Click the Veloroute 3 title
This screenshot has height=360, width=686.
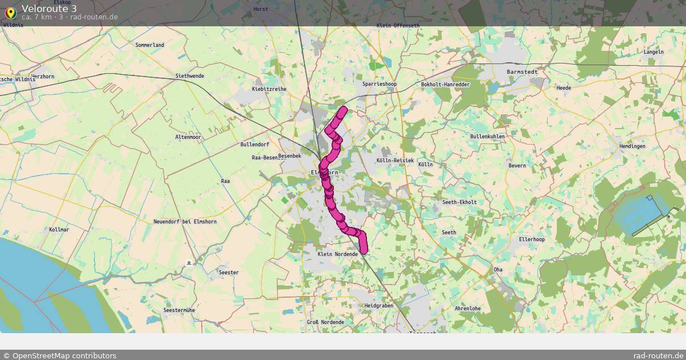click(x=49, y=8)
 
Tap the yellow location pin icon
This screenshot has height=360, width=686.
click(x=10, y=12)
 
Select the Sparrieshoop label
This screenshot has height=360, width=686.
click(x=380, y=84)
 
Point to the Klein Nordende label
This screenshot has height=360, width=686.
click(x=337, y=254)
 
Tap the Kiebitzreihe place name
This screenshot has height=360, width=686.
click(x=269, y=89)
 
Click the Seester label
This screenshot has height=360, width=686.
click(x=229, y=273)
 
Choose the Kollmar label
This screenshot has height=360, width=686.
click(x=59, y=229)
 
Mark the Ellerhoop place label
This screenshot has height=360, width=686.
click(x=532, y=239)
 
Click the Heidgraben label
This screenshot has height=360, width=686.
click(x=378, y=306)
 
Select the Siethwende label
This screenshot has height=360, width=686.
click(x=190, y=76)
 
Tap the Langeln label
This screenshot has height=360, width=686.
click(x=653, y=52)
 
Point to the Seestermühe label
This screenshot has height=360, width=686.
click(x=179, y=310)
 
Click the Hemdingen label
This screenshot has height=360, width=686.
click(x=632, y=146)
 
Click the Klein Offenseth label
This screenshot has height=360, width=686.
click(x=398, y=26)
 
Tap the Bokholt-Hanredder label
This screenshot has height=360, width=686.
click(x=445, y=85)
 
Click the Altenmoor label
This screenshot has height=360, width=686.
click(x=188, y=137)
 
